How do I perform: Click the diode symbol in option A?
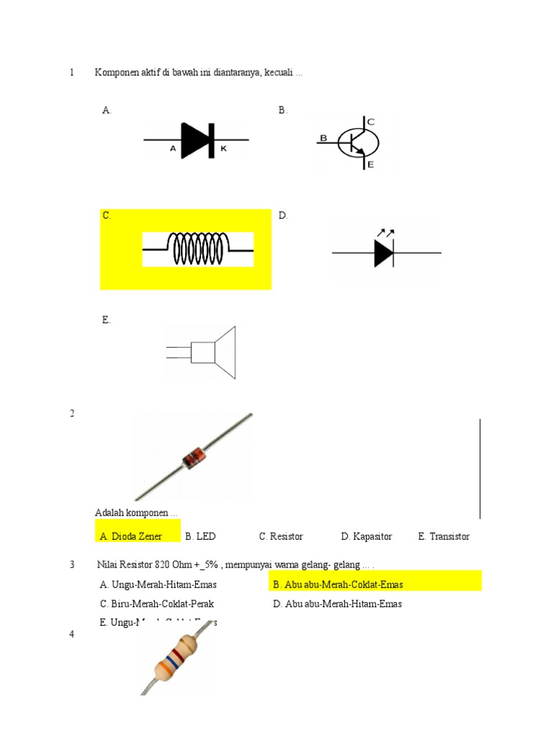pos(197,140)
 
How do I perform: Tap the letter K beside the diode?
pos(223,149)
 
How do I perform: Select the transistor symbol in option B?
pos(357,143)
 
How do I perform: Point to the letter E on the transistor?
pos(371,165)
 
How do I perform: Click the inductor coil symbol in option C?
pos(198,249)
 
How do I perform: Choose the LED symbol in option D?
pos(385,252)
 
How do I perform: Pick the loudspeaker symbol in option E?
pos(208,351)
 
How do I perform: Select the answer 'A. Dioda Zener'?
pos(131,536)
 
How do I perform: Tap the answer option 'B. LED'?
pos(200,536)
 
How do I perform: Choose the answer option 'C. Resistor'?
pos(281,536)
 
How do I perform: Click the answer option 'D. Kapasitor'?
pos(367,536)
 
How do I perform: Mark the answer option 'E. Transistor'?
pos(443,536)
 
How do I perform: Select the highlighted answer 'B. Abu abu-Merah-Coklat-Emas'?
pos(338,584)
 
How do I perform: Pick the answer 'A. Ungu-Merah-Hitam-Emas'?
pos(159,584)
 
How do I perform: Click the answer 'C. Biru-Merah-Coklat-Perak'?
pos(157,604)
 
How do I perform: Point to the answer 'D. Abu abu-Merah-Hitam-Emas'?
pos(337,604)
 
